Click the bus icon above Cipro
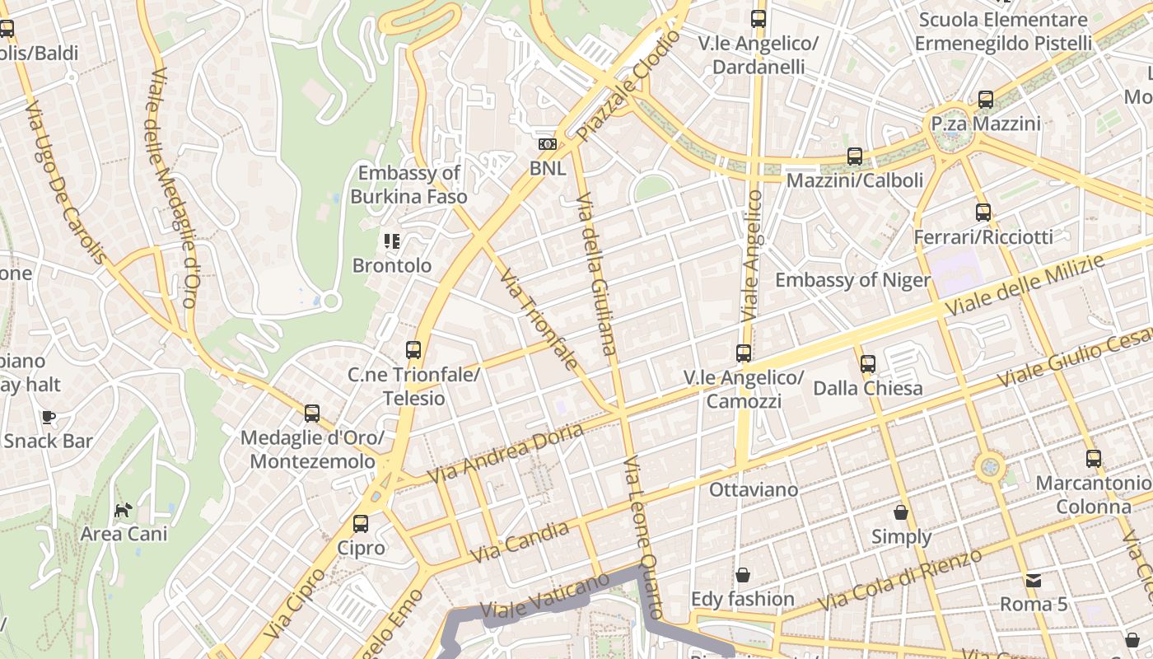click(361, 524)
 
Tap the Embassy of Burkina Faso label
click(409, 185)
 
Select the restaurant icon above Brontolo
click(392, 241)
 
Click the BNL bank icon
click(547, 144)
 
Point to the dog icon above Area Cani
click(123, 511)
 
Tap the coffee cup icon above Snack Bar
click(49, 417)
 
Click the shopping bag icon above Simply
click(901, 512)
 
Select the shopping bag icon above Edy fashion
click(743, 575)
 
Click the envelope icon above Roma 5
click(1034, 581)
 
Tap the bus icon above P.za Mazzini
click(986, 100)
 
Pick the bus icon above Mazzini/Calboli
click(855, 156)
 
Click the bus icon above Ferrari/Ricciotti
click(983, 213)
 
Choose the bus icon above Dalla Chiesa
click(867, 364)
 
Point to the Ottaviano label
click(754, 490)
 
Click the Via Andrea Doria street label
click(506, 453)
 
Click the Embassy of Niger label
click(852, 280)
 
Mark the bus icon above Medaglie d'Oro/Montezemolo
click(312, 414)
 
